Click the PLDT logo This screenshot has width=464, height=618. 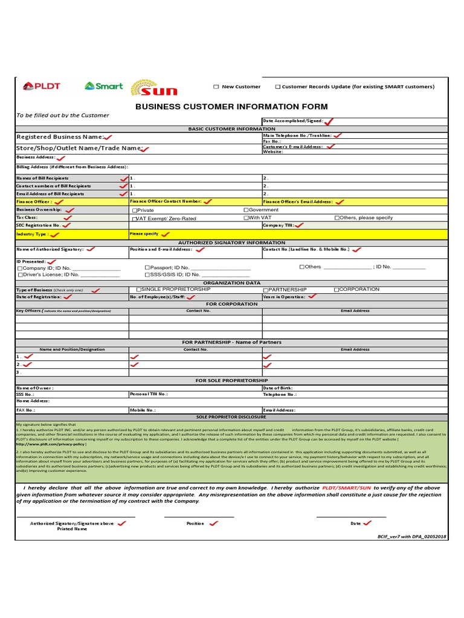(42, 86)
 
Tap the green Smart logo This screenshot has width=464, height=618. (104, 86)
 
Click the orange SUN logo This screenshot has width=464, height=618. (155, 88)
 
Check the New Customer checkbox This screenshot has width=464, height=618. (216, 87)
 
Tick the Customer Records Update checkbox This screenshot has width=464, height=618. (278, 87)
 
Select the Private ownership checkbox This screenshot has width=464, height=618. (134, 210)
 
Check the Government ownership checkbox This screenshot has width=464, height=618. (246, 210)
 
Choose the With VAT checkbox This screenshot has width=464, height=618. (246, 218)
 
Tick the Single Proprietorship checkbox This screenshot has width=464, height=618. (139, 290)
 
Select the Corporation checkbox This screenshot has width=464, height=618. (337, 290)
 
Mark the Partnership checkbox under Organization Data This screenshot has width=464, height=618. (265, 290)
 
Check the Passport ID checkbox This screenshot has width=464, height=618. (147, 267)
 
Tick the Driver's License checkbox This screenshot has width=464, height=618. (20, 275)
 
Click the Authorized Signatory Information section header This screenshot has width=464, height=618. (231, 242)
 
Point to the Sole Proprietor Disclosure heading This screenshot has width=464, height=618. (231, 417)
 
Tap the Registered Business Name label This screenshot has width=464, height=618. (60, 137)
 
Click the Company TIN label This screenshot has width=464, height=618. (279, 225)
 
